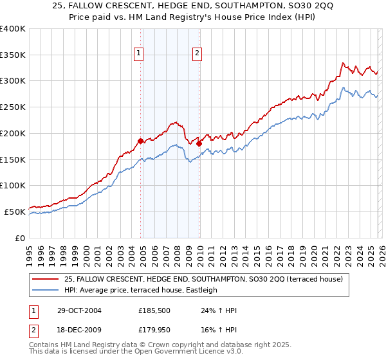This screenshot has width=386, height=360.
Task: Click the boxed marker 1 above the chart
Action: [138, 54]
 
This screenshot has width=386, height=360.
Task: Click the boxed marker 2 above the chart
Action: [197, 54]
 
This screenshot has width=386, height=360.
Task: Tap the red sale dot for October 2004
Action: [140, 140]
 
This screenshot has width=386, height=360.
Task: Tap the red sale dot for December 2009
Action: [199, 143]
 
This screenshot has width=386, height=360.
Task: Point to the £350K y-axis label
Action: [12, 55]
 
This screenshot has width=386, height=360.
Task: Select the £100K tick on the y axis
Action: [12, 185]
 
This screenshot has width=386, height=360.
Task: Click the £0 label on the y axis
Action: [19, 238]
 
